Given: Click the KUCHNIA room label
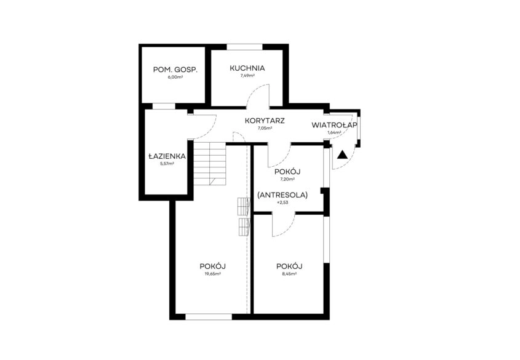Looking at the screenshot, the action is [x=247, y=68].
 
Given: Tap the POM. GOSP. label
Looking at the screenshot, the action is [x=175, y=70].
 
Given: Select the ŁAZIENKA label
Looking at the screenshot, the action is [x=167, y=156].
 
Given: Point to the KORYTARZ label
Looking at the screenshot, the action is [x=265, y=121].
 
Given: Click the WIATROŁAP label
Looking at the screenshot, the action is [x=334, y=126].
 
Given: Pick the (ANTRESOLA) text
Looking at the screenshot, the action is [x=282, y=195].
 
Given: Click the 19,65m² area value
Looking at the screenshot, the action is [x=213, y=274].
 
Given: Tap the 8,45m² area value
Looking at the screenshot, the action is [x=289, y=274].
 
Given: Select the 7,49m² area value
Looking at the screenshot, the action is [x=247, y=76].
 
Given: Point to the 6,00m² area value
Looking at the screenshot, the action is [x=175, y=78].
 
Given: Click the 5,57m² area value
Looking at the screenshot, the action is [x=167, y=164].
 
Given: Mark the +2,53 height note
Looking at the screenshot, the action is [x=282, y=202].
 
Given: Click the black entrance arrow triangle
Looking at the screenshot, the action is [x=343, y=155].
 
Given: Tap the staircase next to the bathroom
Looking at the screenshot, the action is [x=210, y=164].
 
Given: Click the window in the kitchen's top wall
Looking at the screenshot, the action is [x=245, y=47].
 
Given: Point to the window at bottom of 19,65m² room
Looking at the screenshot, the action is [x=209, y=317].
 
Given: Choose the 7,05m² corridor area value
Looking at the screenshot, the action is [x=265, y=128].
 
